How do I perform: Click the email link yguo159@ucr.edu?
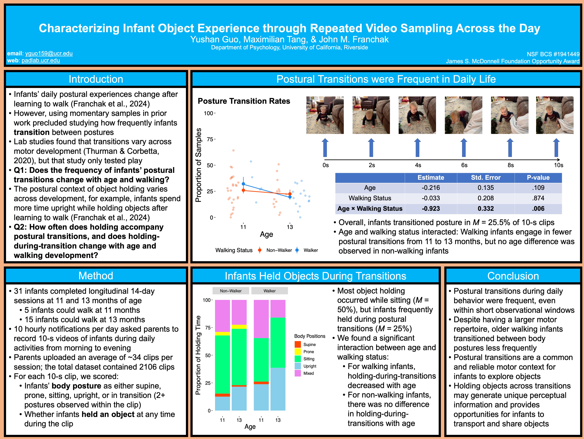pos(49,54)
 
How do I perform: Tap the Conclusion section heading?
pos(513,276)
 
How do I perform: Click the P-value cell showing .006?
pos(538,209)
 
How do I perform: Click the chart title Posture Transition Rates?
pos(244,101)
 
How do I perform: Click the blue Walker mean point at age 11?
pos(243,184)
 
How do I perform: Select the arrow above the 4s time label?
pos(417,148)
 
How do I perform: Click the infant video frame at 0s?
pos(325,115)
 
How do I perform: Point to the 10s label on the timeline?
pos(558,165)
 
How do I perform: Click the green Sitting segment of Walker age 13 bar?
pos(278,342)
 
